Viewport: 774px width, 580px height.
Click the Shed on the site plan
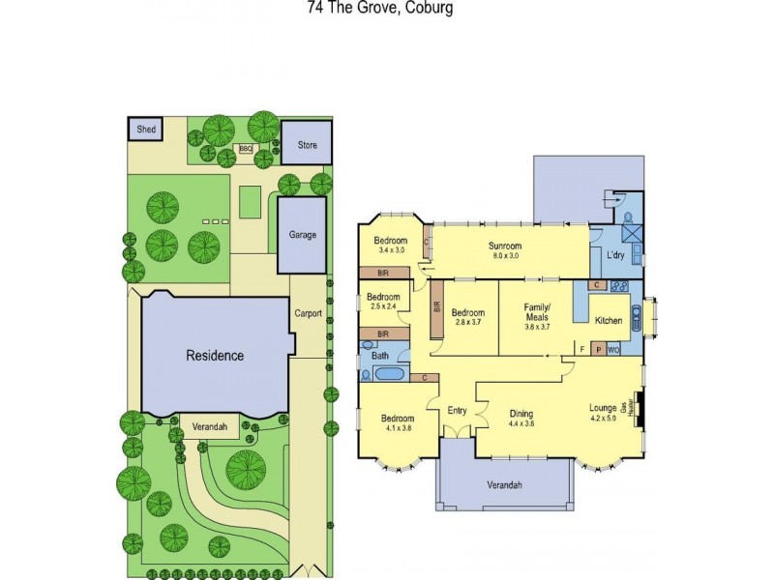[146, 129]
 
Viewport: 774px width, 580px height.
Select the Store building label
[307, 146]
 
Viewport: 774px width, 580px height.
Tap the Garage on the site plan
[303, 235]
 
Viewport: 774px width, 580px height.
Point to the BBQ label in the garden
[246, 149]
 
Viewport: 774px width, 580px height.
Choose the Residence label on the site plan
[215, 355]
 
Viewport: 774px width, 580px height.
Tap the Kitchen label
[609, 320]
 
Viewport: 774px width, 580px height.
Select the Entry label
[457, 410]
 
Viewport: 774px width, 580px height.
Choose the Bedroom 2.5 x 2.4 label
[383, 301]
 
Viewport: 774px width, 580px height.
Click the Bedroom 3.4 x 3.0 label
[391, 246]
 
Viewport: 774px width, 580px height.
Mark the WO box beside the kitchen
[612, 350]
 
